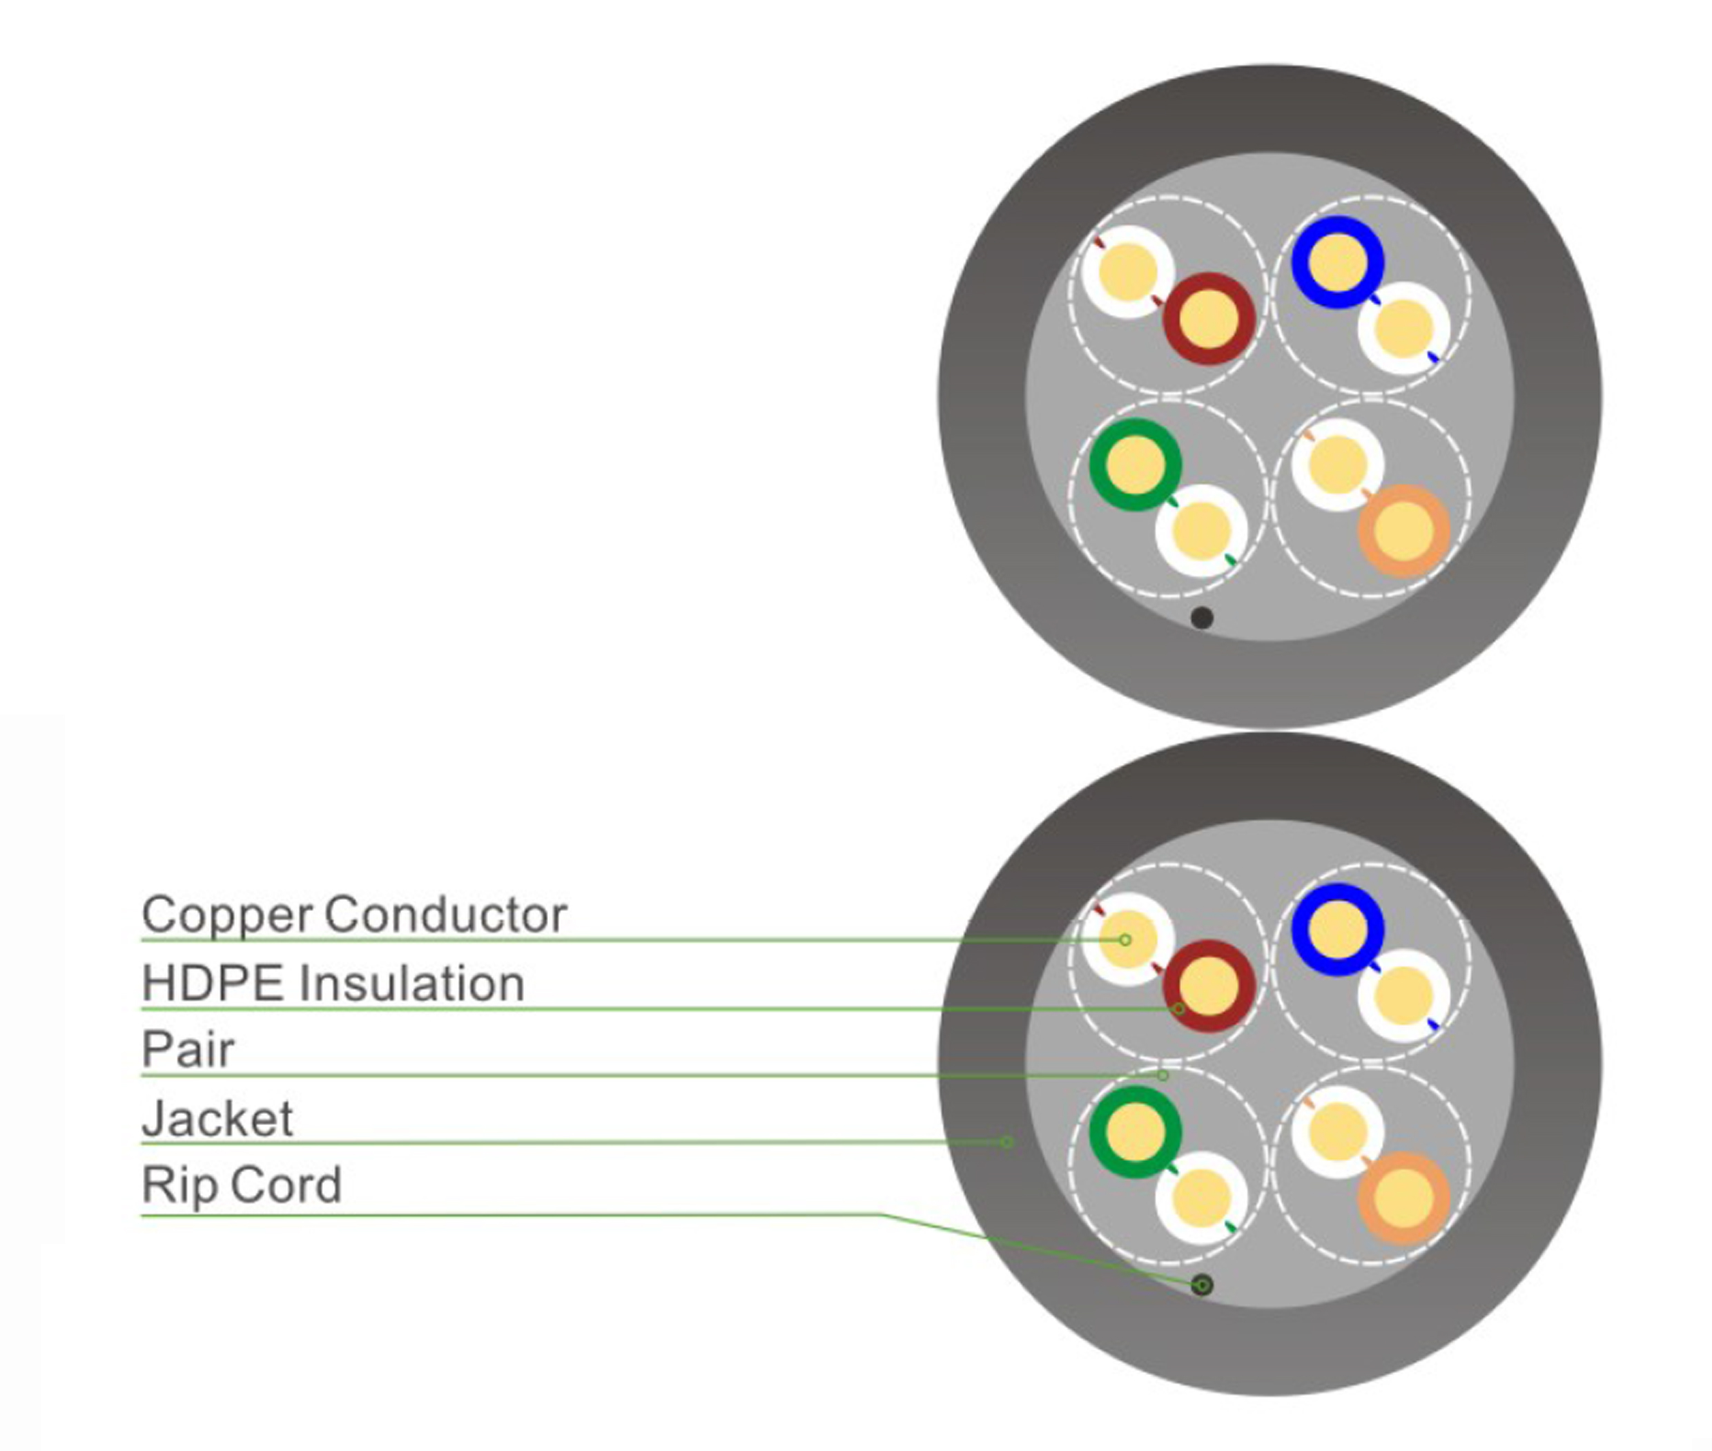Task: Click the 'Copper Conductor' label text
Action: tap(353, 914)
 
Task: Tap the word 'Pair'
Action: tap(188, 1049)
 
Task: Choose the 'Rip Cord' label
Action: tap(241, 1185)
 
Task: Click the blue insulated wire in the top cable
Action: tap(1337, 262)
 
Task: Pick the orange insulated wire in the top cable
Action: tap(1403, 529)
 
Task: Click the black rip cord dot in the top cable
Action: tap(1201, 618)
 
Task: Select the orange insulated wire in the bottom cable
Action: tap(1403, 1198)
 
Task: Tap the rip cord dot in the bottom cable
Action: tap(1201, 1285)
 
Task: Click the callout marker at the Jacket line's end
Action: tap(1005, 1142)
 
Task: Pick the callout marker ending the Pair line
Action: tap(1163, 1075)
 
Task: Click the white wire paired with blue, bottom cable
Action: tap(1403, 995)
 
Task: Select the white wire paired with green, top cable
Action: tap(1201, 531)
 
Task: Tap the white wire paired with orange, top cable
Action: tap(1337, 465)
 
